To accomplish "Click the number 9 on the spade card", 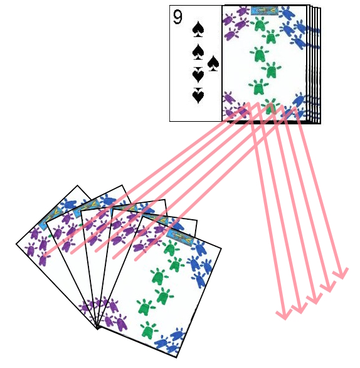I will pos(178,18).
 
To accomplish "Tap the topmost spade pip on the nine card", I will pos(198,28).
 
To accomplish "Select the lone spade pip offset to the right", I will pos(213,63).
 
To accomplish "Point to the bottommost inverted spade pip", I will pos(198,97).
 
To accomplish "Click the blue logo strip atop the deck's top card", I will pos(265,10).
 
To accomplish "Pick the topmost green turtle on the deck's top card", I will pos(259,24).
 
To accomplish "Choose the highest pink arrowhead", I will pos(341,274).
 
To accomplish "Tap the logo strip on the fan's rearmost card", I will pos(50,220).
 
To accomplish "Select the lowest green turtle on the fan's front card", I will pos(148,329).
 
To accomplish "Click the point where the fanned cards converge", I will pos(98,327).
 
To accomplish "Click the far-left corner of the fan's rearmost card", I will pos(17,244).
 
